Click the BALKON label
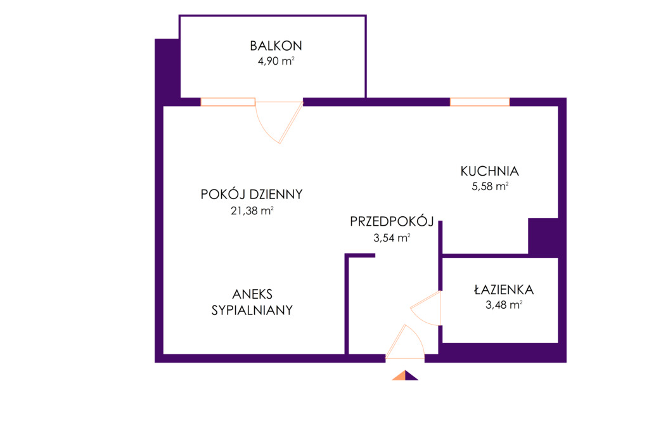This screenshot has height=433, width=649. point(276,46)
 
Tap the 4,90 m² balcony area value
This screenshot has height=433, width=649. point(276,61)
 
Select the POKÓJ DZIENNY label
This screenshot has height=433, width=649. point(252,194)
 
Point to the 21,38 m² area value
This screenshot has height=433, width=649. point(252,210)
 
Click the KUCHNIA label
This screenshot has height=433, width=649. point(490,171)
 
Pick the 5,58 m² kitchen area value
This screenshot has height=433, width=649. point(490,186)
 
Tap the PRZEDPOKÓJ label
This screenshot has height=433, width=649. point(392,221)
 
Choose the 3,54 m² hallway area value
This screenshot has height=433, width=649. point(392,238)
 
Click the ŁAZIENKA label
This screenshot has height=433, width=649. point(504,289)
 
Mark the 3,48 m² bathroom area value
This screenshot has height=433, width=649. point(504,305)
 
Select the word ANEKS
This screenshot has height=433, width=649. point(252,294)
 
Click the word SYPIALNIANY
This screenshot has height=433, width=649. point(252,310)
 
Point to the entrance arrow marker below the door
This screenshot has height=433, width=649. point(405,375)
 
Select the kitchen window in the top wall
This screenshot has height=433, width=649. point(480,102)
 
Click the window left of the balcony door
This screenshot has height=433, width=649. point(228,102)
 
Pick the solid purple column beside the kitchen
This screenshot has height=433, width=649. point(543,236)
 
